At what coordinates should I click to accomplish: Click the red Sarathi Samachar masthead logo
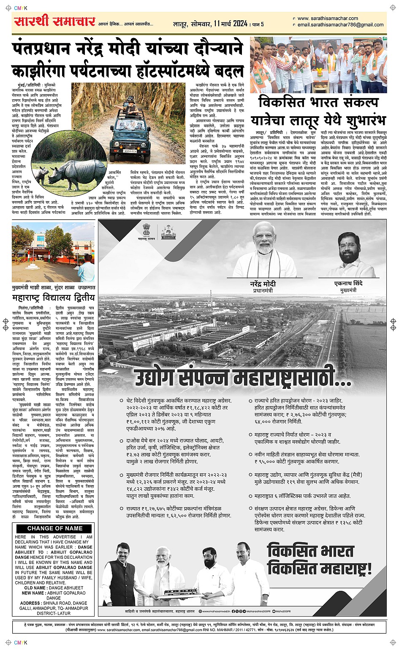[54, 22]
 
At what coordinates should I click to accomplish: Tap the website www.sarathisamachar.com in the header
[328, 19]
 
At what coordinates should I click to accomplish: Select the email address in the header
[340, 25]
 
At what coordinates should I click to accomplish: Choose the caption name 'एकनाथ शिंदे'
[348, 283]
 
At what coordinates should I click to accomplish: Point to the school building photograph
[53, 253]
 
